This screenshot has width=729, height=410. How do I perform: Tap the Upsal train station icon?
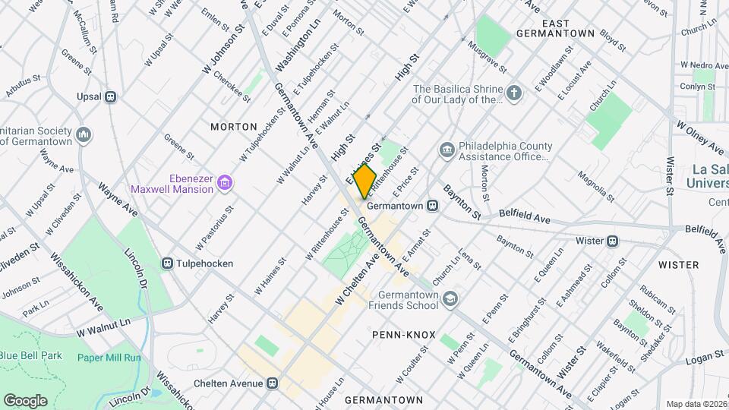111,96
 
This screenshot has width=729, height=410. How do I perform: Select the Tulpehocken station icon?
168,263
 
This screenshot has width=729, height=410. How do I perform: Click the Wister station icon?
612,241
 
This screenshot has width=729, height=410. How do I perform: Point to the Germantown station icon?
432,205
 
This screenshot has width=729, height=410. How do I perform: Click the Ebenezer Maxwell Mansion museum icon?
224,182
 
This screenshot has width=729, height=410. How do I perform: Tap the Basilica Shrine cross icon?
515,93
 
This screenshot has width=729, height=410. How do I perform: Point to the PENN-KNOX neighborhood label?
402,334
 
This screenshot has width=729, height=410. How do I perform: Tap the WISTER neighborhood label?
678,265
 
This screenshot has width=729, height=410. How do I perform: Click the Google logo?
25,400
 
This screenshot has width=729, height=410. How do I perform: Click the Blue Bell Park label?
30,355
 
